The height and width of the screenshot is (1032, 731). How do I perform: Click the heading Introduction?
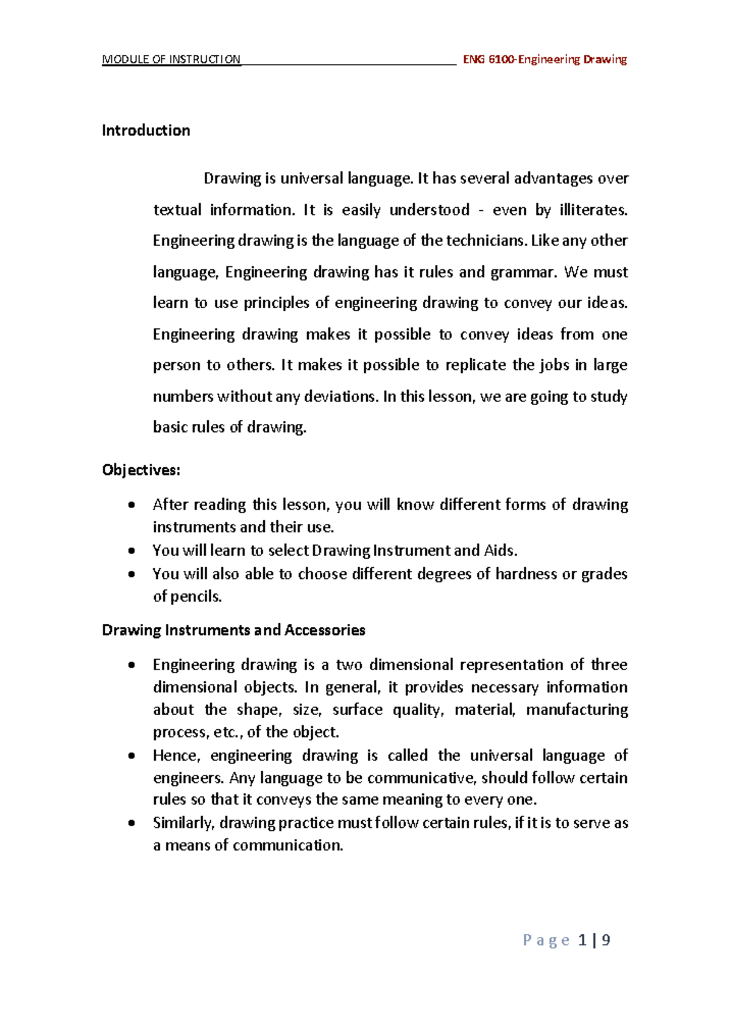click(146, 130)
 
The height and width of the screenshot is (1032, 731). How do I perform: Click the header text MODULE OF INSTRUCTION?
click(171, 60)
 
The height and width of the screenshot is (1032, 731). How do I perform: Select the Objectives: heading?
click(141, 470)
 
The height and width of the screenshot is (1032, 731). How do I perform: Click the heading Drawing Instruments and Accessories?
click(233, 630)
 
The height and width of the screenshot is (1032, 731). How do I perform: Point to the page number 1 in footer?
click(583, 941)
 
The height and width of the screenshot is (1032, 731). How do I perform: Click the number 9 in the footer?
click(606, 941)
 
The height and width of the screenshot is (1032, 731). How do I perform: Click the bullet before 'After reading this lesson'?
click(132, 505)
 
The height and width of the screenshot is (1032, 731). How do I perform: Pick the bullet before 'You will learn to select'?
click(132, 551)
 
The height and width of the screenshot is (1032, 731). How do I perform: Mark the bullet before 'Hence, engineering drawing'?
click(132, 756)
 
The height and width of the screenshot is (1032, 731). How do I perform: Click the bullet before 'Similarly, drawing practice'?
click(132, 824)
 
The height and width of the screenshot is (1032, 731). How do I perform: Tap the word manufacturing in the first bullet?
click(576, 710)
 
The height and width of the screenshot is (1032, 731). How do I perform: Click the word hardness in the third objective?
click(526, 574)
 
